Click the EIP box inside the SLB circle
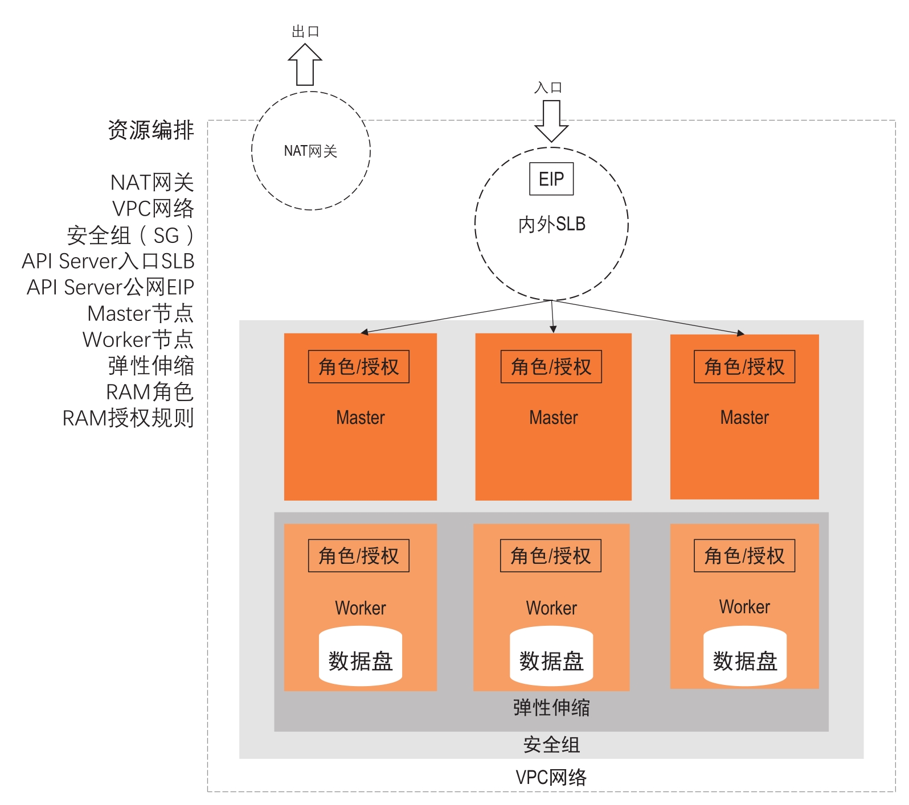pyautogui.click(x=551, y=179)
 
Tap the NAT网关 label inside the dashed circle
pyautogui.click(x=310, y=151)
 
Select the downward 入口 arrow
pyautogui.click(x=551, y=120)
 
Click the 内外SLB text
pyautogui.click(x=551, y=224)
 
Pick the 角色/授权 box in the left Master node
pyautogui.click(x=359, y=367)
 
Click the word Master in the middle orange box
pyautogui.click(x=553, y=418)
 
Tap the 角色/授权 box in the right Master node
pyautogui.click(x=744, y=367)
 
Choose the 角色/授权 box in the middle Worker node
pyautogui.click(x=551, y=556)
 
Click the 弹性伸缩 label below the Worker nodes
pyautogui.click(x=551, y=708)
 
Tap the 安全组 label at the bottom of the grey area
pyautogui.click(x=551, y=745)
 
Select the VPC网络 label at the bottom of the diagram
pyautogui.click(x=551, y=777)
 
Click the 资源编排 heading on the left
pyautogui.click(x=151, y=130)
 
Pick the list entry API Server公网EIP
pyautogui.click(x=110, y=287)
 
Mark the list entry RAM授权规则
pyautogui.click(x=128, y=418)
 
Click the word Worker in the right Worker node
pyautogui.click(x=744, y=607)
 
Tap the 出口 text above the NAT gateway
pyautogui.click(x=305, y=32)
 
